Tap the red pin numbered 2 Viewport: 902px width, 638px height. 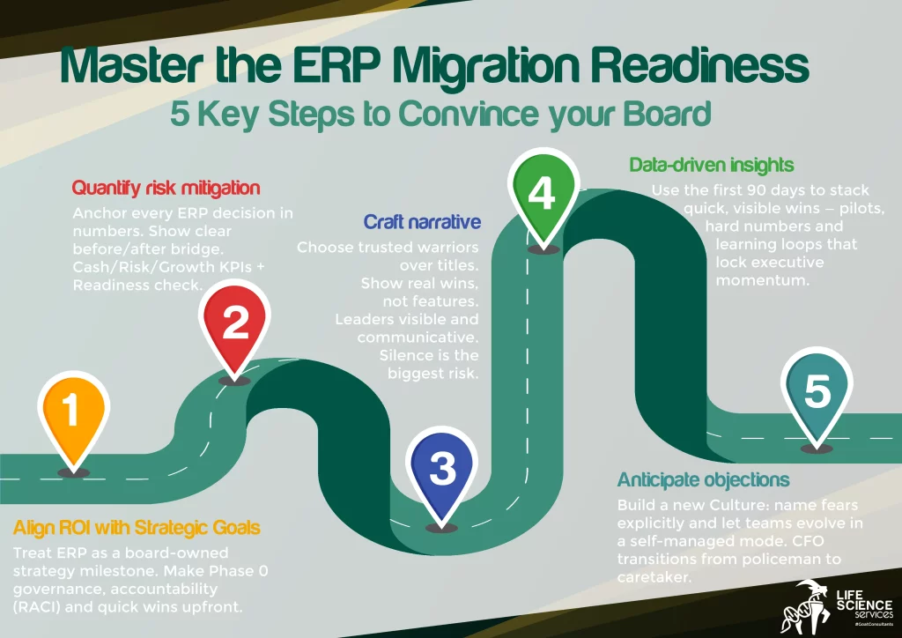coord(235,324)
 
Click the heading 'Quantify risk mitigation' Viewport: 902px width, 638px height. coord(165,188)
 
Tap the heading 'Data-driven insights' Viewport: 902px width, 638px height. coord(711,165)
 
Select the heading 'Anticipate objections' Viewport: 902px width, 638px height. coord(703,480)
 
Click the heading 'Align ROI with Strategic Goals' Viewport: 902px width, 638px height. coord(137,528)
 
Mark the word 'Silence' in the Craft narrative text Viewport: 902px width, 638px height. coord(406,355)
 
